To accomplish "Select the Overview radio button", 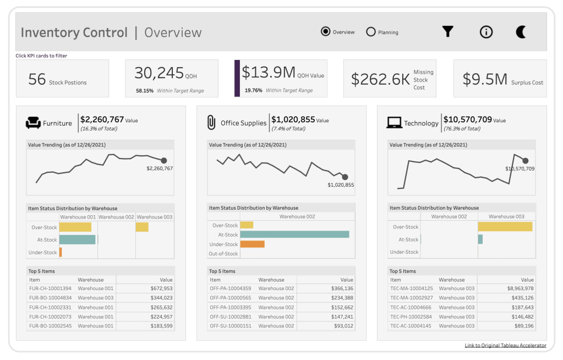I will (x=325, y=32).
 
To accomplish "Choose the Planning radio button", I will (x=371, y=32).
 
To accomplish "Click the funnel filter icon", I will (x=448, y=32).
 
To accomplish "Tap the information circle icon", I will (x=486, y=32).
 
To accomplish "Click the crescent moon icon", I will (x=521, y=32).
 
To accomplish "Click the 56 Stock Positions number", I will (x=37, y=80).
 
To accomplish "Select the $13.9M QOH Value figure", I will (x=269, y=73).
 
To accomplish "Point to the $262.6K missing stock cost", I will (x=381, y=80).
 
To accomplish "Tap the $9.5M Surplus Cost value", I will (x=484, y=80).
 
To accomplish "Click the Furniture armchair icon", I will (x=34, y=123).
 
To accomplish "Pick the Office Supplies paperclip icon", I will (x=211, y=123).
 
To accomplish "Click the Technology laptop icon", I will (x=394, y=123).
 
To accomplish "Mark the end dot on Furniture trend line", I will (x=163, y=160).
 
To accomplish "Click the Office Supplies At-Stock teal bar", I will (x=294, y=234).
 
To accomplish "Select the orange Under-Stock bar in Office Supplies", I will (x=252, y=244).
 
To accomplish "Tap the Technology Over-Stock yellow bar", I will (x=505, y=227).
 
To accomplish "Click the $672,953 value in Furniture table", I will (x=161, y=288).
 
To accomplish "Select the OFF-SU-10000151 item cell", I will (x=230, y=326).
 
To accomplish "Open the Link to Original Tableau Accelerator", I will (x=505, y=345).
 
